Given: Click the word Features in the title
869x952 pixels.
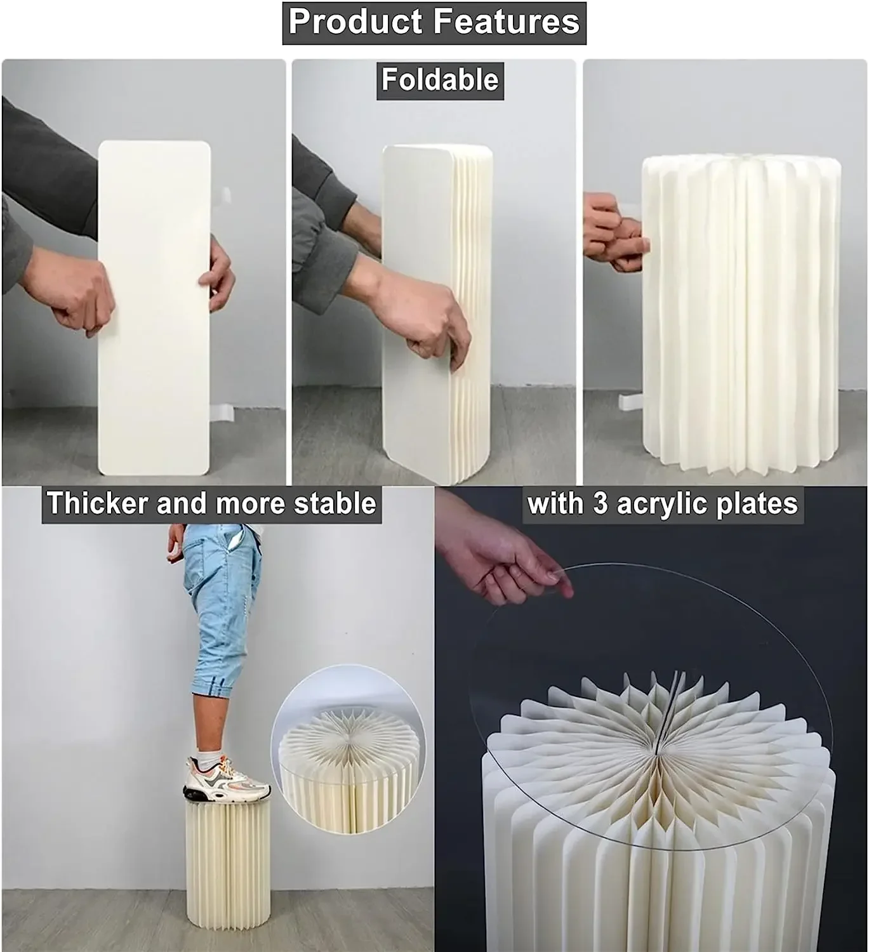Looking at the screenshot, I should tap(507, 22).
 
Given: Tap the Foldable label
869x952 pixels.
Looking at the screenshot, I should tap(440, 80).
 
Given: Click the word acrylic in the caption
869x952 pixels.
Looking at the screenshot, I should tap(669, 504).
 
